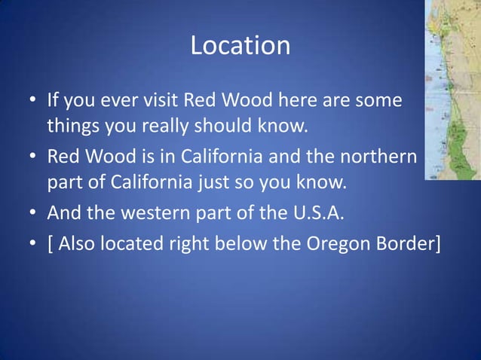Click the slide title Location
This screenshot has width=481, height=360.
click(240, 46)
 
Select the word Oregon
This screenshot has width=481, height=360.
click(339, 243)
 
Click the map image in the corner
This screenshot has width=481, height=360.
click(452, 90)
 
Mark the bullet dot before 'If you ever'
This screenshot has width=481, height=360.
click(32, 100)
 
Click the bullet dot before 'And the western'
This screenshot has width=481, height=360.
click(32, 215)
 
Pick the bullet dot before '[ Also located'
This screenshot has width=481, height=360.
click(32, 244)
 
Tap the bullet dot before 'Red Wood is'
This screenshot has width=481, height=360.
click(32, 158)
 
